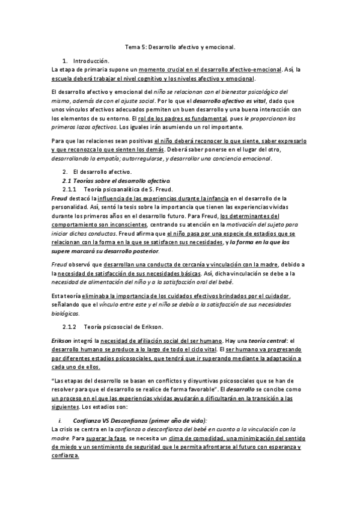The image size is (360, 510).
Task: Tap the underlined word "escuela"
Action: point(63,78)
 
